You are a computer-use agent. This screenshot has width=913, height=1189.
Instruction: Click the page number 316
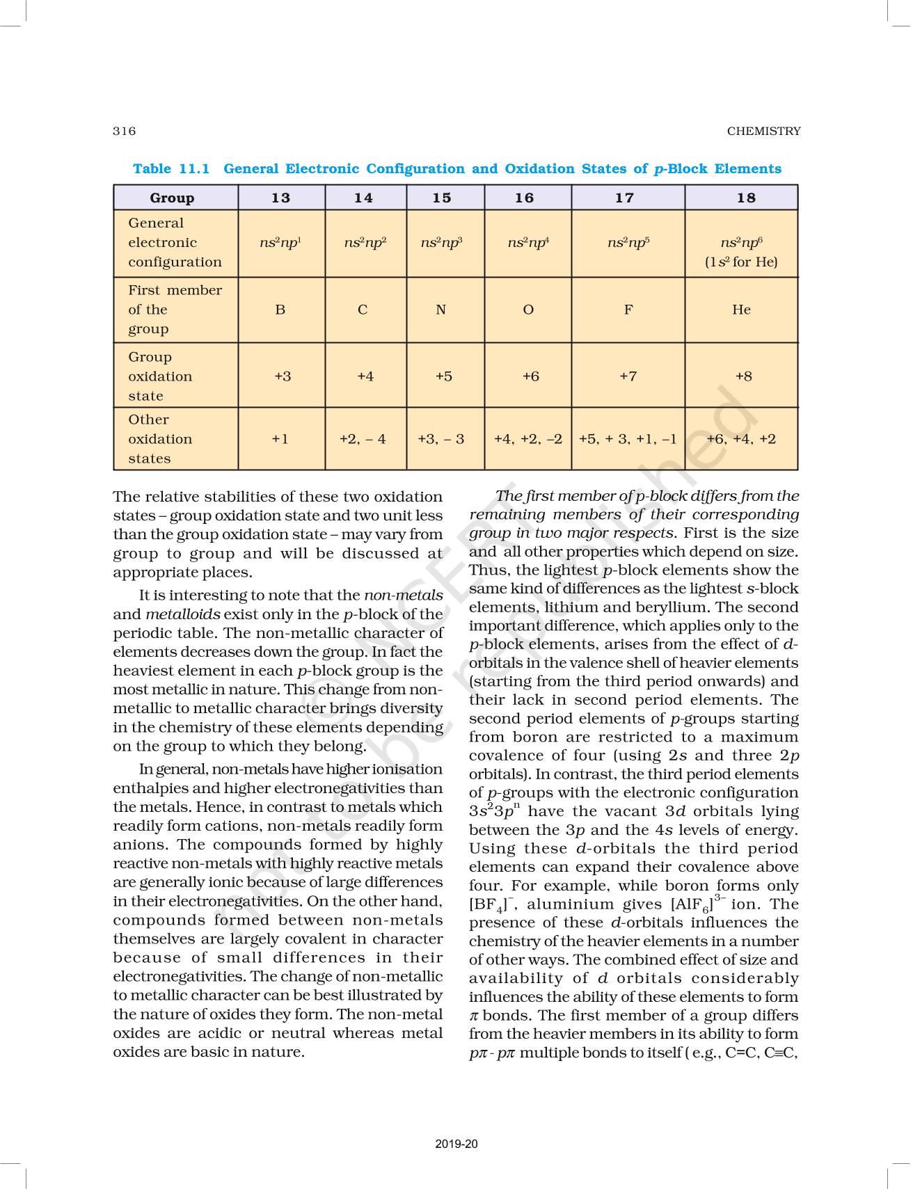point(125,131)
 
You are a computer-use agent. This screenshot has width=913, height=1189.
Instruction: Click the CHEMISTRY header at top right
point(763,131)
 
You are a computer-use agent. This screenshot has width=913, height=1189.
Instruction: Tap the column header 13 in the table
point(281,198)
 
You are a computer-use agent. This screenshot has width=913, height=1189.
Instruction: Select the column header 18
point(746,198)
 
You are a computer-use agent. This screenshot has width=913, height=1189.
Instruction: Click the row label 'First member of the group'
point(175,310)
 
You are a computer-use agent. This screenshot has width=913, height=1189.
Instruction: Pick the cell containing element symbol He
point(741,310)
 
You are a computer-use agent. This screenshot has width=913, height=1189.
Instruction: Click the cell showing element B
point(280,310)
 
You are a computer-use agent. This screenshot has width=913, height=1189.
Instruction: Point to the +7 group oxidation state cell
point(628,376)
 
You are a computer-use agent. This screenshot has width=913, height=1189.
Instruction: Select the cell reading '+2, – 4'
point(363,439)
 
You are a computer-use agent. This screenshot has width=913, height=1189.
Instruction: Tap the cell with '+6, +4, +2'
point(741,439)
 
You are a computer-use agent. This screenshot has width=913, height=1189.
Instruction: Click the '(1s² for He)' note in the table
point(741,262)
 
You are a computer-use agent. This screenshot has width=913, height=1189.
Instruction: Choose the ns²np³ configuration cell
point(441,243)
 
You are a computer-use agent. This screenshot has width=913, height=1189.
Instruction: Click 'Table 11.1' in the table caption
point(171,169)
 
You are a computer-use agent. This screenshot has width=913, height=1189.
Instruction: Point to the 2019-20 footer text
point(456,1144)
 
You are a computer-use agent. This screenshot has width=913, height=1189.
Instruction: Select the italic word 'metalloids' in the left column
point(183,614)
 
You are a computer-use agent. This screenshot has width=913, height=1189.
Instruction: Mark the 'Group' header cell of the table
point(172,198)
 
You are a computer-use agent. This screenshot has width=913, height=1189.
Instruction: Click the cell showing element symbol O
point(528,310)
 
